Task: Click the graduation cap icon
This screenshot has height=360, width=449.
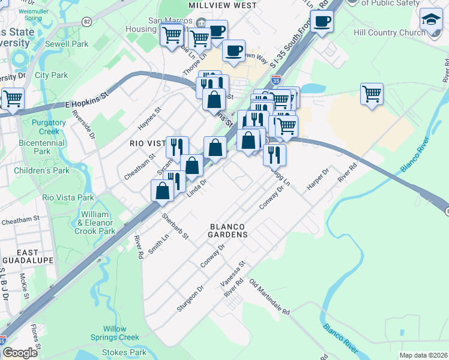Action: (x=430, y=20)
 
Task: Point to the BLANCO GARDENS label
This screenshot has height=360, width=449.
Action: (x=229, y=231)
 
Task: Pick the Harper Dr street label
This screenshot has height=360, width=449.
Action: (x=318, y=179)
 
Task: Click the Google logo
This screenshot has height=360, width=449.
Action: (x=20, y=353)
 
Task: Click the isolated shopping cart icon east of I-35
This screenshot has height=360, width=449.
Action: (x=372, y=94)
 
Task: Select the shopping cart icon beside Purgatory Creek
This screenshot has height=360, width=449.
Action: (x=12, y=98)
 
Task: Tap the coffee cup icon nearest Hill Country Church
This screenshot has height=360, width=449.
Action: (x=322, y=22)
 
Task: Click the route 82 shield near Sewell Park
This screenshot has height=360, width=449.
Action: (x=88, y=22)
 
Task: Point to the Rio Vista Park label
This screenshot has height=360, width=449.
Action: (x=68, y=197)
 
